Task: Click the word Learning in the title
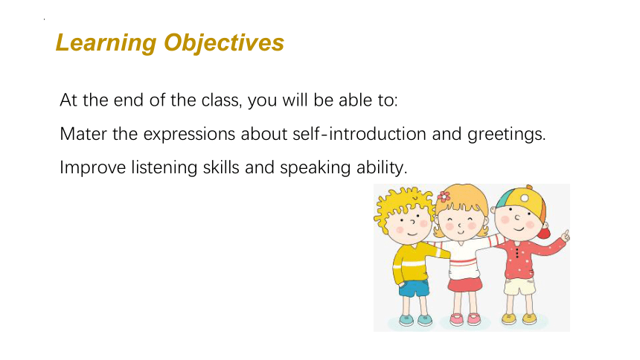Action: pyautogui.click(x=106, y=43)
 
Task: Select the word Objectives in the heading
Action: pyautogui.click(x=224, y=43)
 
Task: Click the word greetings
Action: pyautogui.click(x=507, y=135)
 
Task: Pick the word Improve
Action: pyautogui.click(x=93, y=168)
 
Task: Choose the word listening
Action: pyautogui.click(x=164, y=168)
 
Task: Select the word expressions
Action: pyautogui.click(x=189, y=135)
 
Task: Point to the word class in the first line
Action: pyautogui.click(x=222, y=100)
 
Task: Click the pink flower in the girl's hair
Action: pyautogui.click(x=444, y=196)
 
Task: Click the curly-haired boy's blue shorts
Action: pyautogui.click(x=414, y=288)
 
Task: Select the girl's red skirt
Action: pyautogui.click(x=465, y=283)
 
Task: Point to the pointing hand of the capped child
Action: pyautogui.click(x=566, y=236)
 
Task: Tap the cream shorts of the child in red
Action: pyautogui.click(x=519, y=286)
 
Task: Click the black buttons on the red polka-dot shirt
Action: pyautogui.click(x=517, y=252)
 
